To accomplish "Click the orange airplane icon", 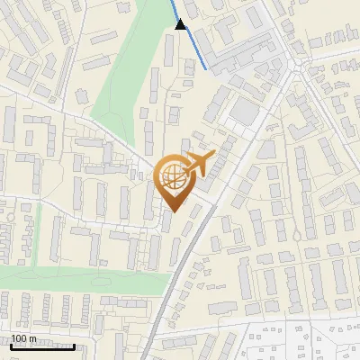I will pyautogui.click(x=199, y=164).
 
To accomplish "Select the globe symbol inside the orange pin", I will pyautogui.click(x=171, y=176).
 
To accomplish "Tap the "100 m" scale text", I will pyautogui.click(x=24, y=339).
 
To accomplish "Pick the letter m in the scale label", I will pyautogui.click(x=33, y=339).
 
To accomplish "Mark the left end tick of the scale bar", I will pyautogui.click(x=11, y=345).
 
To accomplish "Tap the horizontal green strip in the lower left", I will pyautogui.click(x=81, y=278).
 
